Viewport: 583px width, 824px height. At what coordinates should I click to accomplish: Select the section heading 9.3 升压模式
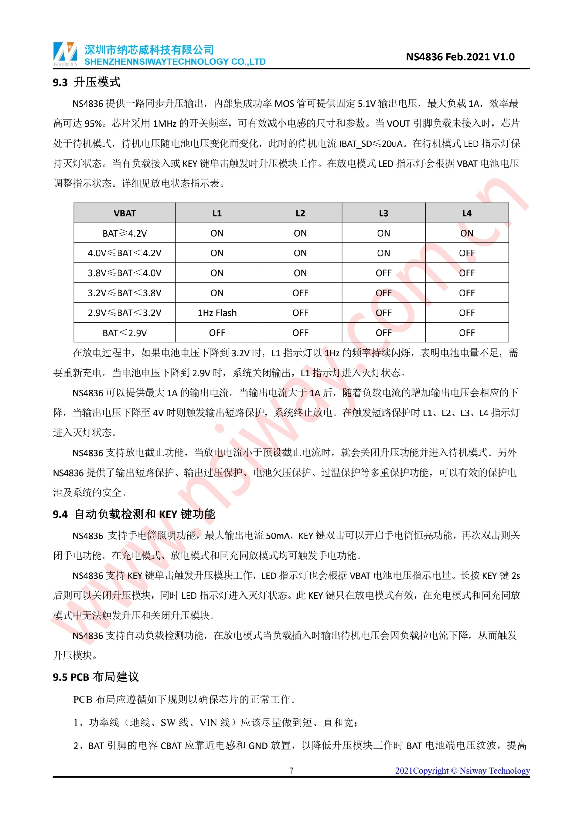click(87, 82)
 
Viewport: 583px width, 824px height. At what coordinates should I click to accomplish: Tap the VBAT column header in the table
click(124, 213)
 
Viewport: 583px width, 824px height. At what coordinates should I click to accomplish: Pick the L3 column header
click(384, 213)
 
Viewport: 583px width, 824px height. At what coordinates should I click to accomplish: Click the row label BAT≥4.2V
click(124, 233)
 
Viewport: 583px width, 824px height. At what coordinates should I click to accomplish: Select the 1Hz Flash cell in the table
click(217, 313)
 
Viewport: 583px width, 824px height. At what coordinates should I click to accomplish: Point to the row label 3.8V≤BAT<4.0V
click(124, 273)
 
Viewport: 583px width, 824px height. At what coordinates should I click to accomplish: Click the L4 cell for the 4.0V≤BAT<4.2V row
click(467, 253)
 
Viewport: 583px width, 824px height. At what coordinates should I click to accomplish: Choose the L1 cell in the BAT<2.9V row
click(217, 333)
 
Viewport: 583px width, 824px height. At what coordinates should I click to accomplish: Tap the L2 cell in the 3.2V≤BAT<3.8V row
click(300, 293)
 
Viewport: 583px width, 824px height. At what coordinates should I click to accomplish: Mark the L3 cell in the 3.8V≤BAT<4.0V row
click(384, 273)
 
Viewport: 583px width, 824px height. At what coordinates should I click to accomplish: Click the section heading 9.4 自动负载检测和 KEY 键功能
click(134, 514)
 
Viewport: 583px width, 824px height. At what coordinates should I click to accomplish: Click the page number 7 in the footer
click(291, 771)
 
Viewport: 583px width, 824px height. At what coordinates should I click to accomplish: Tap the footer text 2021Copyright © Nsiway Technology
click(462, 771)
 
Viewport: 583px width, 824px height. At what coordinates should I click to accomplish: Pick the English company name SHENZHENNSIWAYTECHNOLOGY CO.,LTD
click(175, 62)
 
